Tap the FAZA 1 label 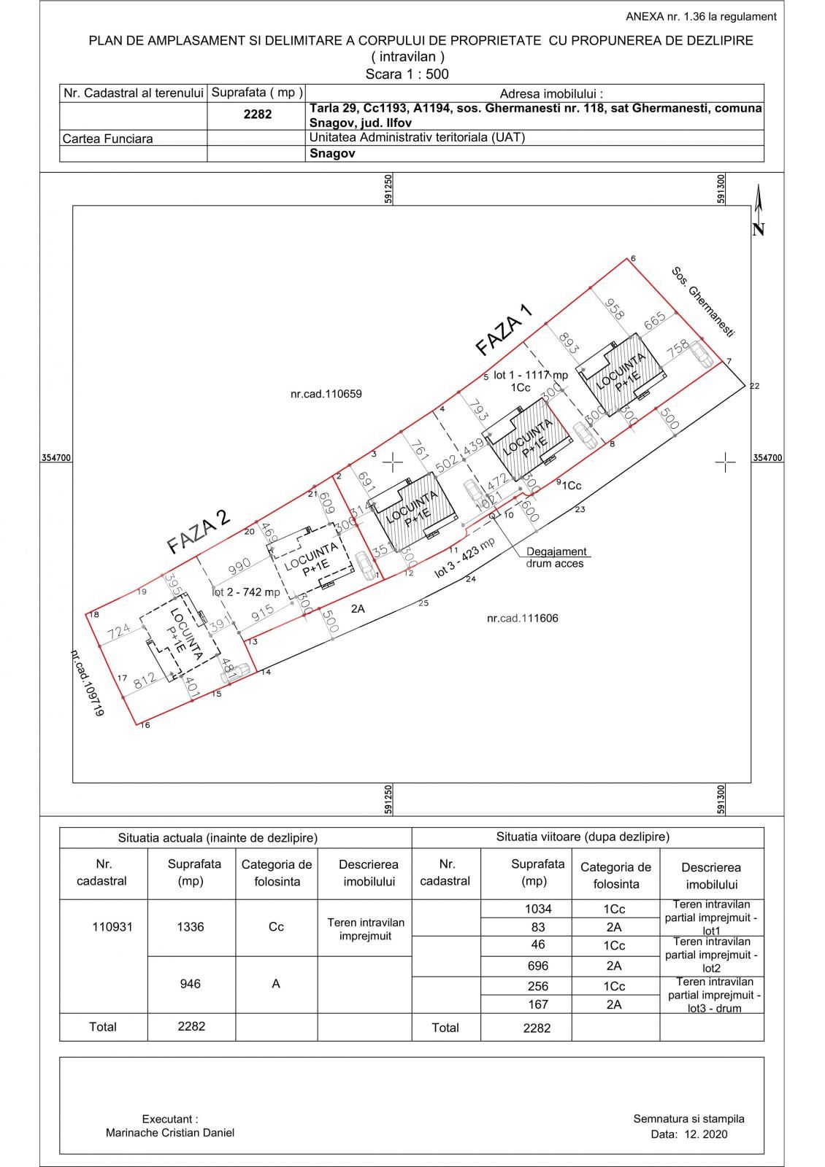504,330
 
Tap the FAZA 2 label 198,531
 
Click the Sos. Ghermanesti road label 702,302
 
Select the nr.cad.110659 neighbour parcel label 326,394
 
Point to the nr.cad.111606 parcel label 522,619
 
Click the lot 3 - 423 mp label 464,558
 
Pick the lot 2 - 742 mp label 247,592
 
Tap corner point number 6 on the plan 633,259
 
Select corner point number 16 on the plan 145,725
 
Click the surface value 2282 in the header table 257,115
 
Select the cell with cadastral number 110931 112,927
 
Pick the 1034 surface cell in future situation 538,909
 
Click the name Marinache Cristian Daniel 170,1133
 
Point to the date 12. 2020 688,1134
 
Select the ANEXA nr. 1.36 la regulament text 701,16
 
